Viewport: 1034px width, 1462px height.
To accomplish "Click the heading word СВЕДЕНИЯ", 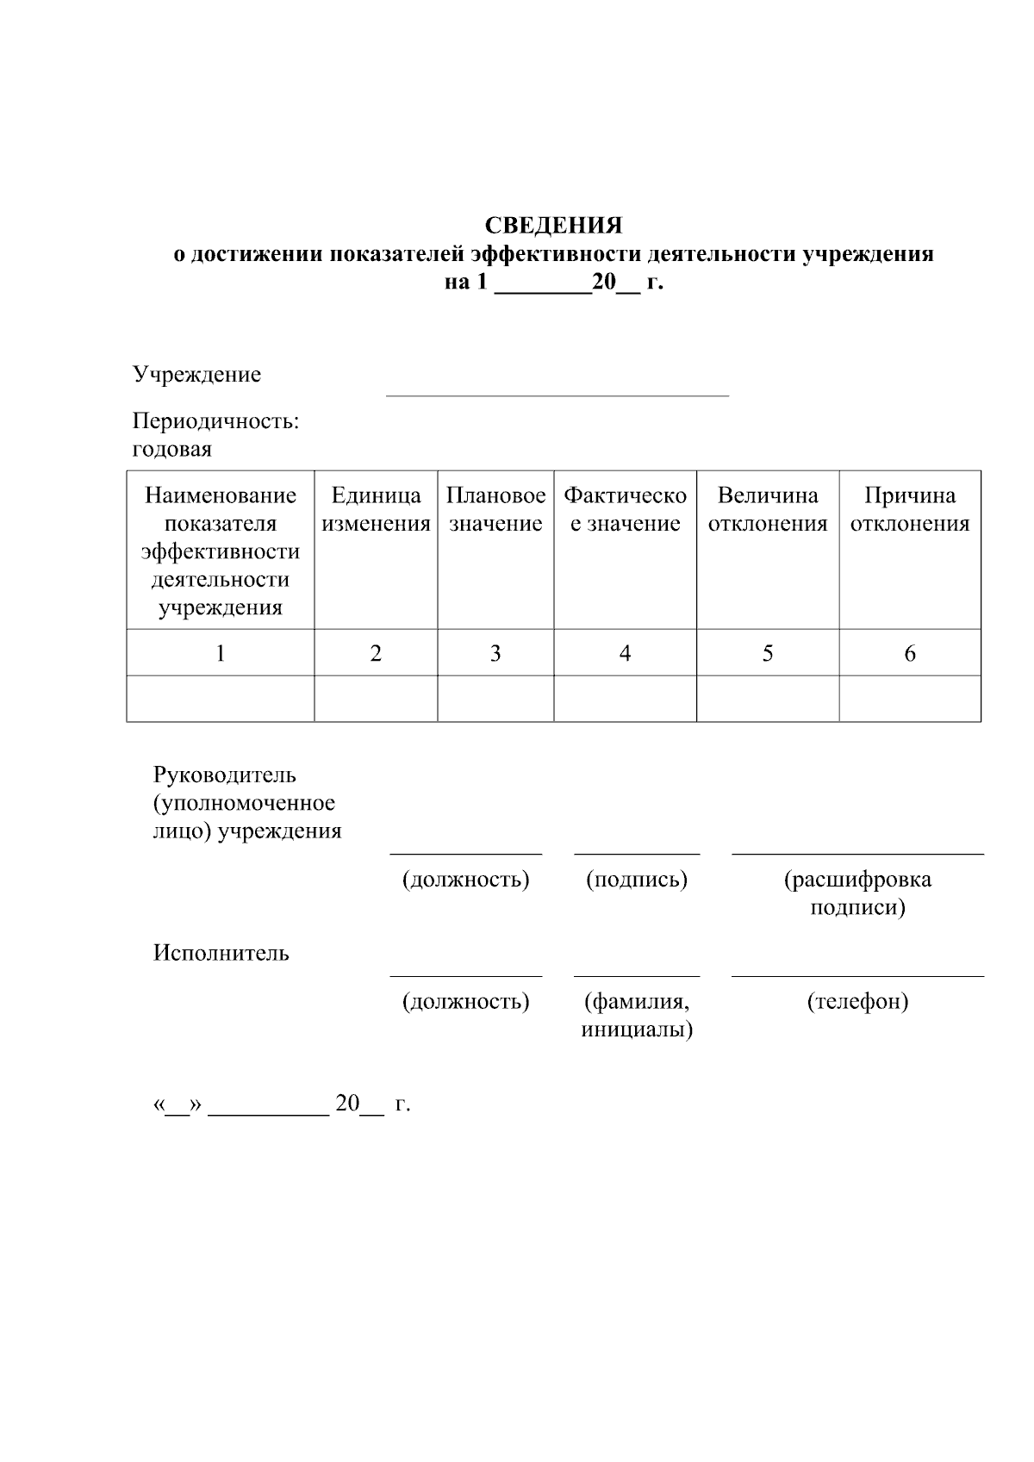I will tap(553, 226).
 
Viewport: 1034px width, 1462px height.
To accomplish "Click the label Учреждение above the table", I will tap(196, 375).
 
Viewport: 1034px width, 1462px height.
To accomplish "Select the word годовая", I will tap(171, 450).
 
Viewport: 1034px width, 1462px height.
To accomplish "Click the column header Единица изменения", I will tap(376, 509).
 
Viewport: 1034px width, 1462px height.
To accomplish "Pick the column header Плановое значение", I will tap(495, 509).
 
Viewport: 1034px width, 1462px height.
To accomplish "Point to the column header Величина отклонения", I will tap(767, 509).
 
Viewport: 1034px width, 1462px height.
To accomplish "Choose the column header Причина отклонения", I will tap(910, 509).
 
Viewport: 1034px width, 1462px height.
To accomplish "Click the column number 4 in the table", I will tap(625, 654).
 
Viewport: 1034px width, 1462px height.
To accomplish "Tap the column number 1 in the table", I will tap(221, 654).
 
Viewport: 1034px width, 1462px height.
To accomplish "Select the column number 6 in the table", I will tap(910, 654).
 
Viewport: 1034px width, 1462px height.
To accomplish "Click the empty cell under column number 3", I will tap(495, 699).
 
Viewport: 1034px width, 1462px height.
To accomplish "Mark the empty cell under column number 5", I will tap(767, 699).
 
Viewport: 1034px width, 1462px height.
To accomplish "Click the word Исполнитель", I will tap(221, 953).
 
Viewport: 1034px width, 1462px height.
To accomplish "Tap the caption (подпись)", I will tap(637, 880).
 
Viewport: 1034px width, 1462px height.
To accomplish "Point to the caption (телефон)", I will tap(857, 1002).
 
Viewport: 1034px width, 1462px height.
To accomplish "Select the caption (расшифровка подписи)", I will tap(857, 893).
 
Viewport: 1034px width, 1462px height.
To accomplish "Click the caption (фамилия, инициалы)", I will tap(637, 1016).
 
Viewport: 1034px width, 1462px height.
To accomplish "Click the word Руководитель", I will tap(225, 775).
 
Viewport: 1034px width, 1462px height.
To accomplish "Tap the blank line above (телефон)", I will tap(857, 974).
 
